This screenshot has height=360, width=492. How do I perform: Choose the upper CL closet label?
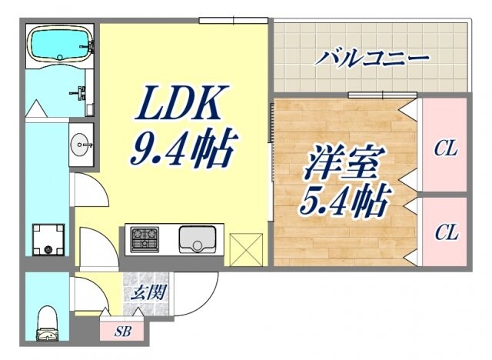pos(445,148)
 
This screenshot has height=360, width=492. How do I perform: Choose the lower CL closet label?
pos(444,231)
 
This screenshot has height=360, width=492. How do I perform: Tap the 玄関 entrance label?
pos(142,292)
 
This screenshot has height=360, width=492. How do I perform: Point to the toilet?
pos(48,324)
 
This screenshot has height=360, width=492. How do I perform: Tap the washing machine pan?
pos(48,239)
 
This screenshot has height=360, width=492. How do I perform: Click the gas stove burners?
pos(143,240)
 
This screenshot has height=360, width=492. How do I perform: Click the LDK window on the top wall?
pos(222,21)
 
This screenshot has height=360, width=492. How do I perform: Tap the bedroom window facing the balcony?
pos(372,95)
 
